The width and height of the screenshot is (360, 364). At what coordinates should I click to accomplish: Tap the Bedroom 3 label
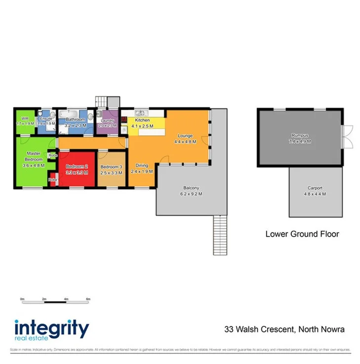[x=111, y=167]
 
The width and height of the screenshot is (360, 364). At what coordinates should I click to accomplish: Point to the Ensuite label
[x=46, y=119]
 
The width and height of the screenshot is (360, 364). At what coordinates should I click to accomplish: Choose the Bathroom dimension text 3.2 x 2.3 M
[x=76, y=126]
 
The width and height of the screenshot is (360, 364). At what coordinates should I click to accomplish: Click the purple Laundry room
[x=108, y=123]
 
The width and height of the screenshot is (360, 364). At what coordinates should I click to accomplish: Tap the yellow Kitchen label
[x=143, y=120]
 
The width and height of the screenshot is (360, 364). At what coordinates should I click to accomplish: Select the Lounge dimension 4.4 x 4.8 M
[x=185, y=142]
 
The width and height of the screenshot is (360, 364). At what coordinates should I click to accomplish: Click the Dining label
[x=142, y=165]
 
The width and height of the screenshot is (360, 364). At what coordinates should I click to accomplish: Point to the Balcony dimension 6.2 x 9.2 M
[x=191, y=194]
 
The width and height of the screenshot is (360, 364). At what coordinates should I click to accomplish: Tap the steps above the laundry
[x=108, y=101]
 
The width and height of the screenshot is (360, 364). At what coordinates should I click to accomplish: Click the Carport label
[x=315, y=188]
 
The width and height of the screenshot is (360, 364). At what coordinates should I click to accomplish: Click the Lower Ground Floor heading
[x=302, y=234]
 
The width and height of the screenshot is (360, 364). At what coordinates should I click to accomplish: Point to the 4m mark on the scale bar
[x=66, y=299]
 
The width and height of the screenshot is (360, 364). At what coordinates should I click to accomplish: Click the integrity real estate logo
[x=51, y=330]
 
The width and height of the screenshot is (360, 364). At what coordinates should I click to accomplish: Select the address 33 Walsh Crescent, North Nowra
[x=284, y=329]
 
